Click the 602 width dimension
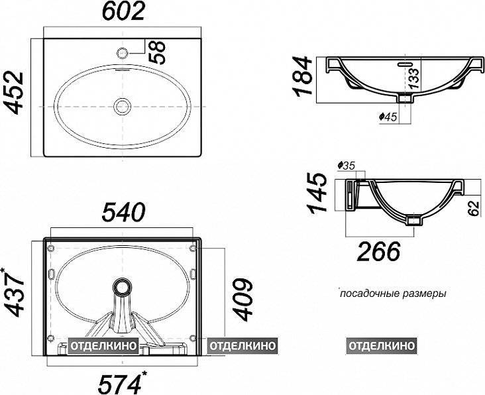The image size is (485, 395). click(x=123, y=12)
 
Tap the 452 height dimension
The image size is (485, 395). click(x=13, y=93)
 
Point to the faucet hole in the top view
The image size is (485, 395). click(x=123, y=53)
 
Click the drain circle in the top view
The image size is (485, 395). click(x=123, y=107)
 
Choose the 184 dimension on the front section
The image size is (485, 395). click(x=302, y=76)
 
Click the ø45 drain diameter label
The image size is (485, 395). click(x=388, y=117)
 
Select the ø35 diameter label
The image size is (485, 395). click(x=347, y=166)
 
